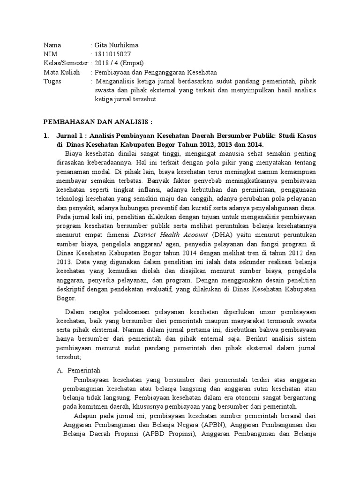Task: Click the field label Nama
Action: pos(52,45)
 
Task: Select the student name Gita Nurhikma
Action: pos(117,45)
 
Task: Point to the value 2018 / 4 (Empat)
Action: pos(119,63)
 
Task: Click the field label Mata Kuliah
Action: pos(61,72)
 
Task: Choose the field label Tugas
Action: pos(52,81)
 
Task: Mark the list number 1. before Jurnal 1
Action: pos(46,135)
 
